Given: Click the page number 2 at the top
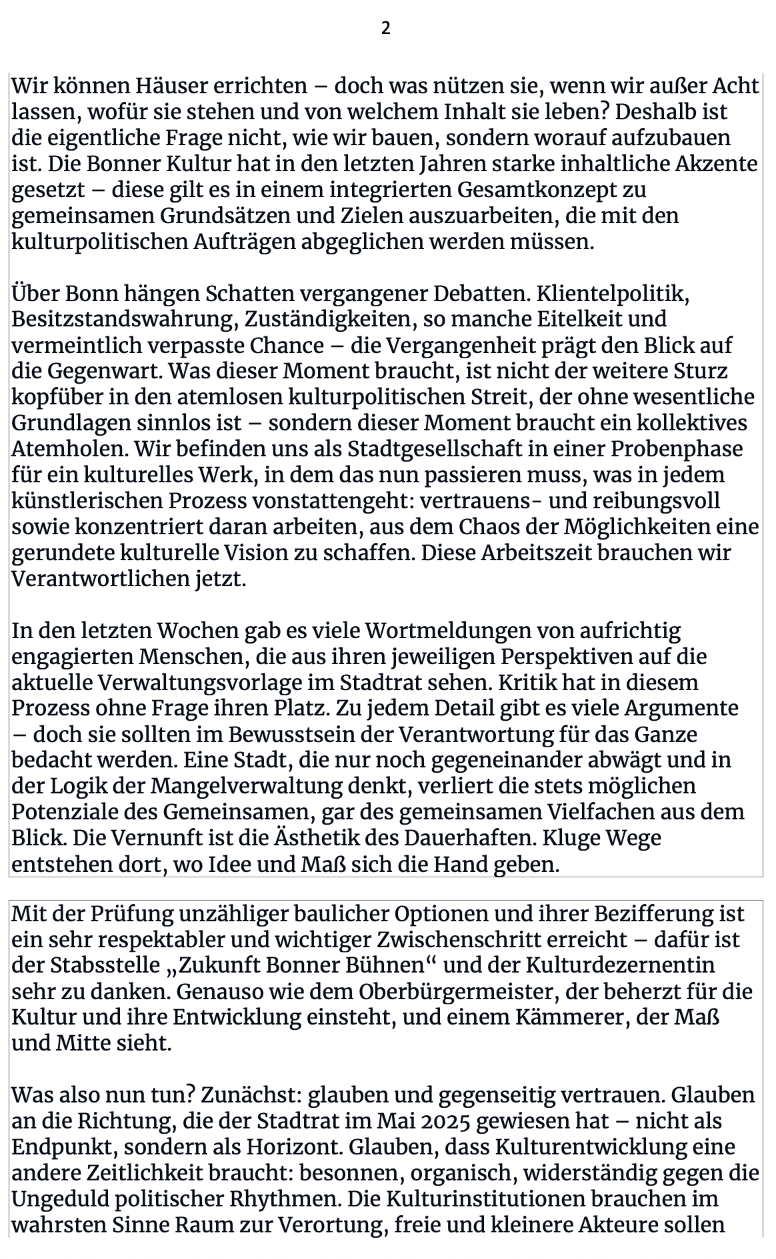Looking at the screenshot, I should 385,28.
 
